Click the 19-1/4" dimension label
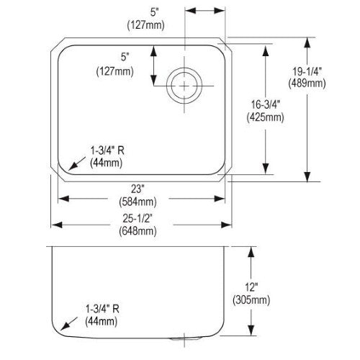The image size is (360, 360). [307, 71]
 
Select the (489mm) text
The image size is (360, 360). [307, 84]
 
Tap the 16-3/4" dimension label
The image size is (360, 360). [266, 105]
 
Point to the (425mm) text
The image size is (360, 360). [265, 117]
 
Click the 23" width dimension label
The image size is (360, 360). [138, 189]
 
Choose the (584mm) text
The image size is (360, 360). [138, 202]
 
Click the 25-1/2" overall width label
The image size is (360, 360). [138, 218]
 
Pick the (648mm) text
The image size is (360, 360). [138, 231]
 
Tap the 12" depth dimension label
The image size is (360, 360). [251, 287]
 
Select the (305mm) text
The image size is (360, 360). [251, 300]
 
